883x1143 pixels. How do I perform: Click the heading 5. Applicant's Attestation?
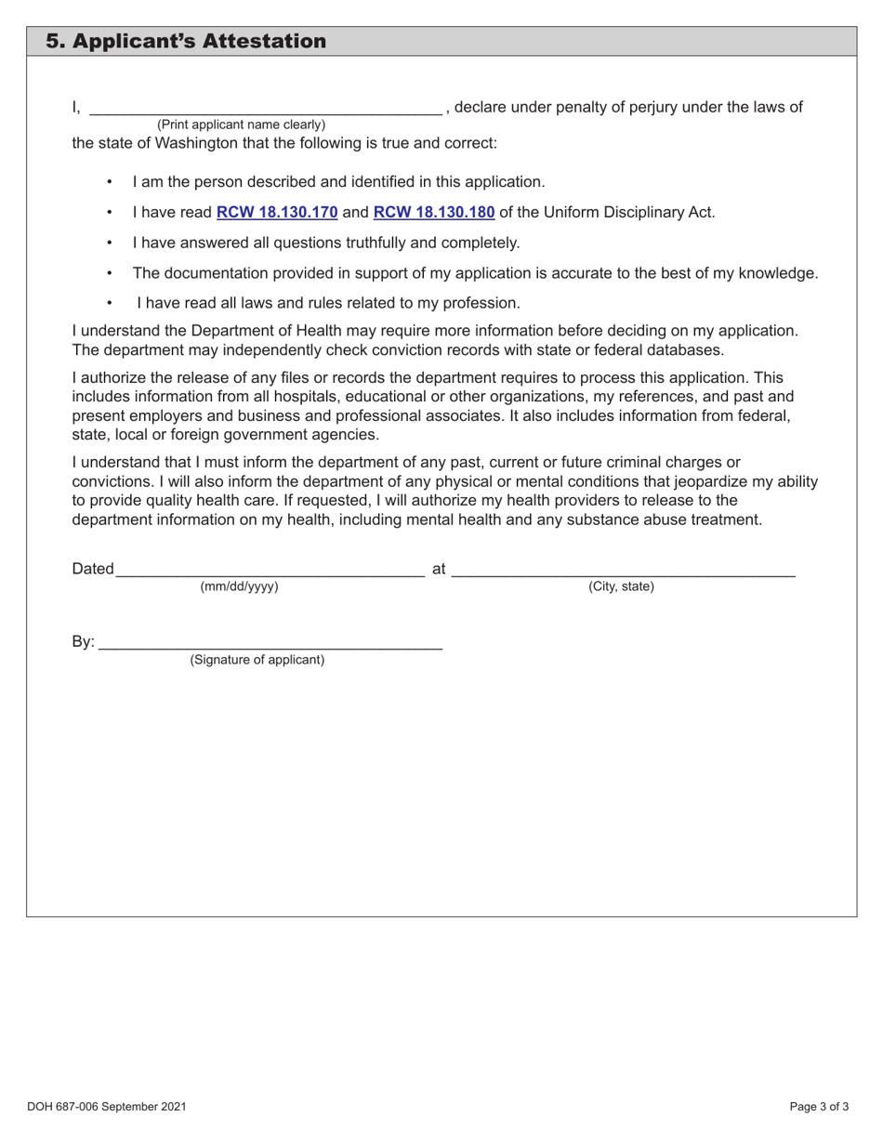(186, 42)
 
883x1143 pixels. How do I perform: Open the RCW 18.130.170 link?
(277, 212)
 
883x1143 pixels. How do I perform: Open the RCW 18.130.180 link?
(433, 212)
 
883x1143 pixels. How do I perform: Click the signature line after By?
(270, 643)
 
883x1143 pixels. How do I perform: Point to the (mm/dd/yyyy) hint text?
(239, 586)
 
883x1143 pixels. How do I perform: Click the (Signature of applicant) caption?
(257, 660)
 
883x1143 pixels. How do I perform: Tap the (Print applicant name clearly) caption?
(241, 125)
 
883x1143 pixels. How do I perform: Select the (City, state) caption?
(621, 586)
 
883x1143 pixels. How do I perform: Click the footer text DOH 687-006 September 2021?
(107, 1107)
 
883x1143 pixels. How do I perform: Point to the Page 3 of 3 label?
(819, 1107)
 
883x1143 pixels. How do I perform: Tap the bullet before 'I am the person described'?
(110, 182)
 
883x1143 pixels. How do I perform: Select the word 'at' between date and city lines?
(439, 569)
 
